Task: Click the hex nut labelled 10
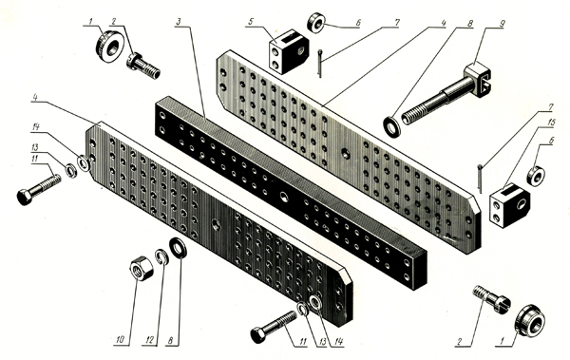(x=142, y=269)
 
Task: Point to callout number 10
(x=121, y=340)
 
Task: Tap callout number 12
(x=150, y=340)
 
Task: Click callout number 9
(x=502, y=24)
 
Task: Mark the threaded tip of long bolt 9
(x=408, y=118)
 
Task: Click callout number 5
(x=251, y=22)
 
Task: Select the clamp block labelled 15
(x=509, y=205)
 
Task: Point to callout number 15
(x=552, y=123)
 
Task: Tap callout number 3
(x=179, y=22)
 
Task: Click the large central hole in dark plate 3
(x=284, y=198)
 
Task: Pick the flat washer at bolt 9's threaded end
(x=391, y=127)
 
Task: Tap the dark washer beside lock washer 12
(x=179, y=248)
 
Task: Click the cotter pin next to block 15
(x=480, y=179)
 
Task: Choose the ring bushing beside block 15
(x=536, y=176)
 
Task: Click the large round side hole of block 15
(x=522, y=204)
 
